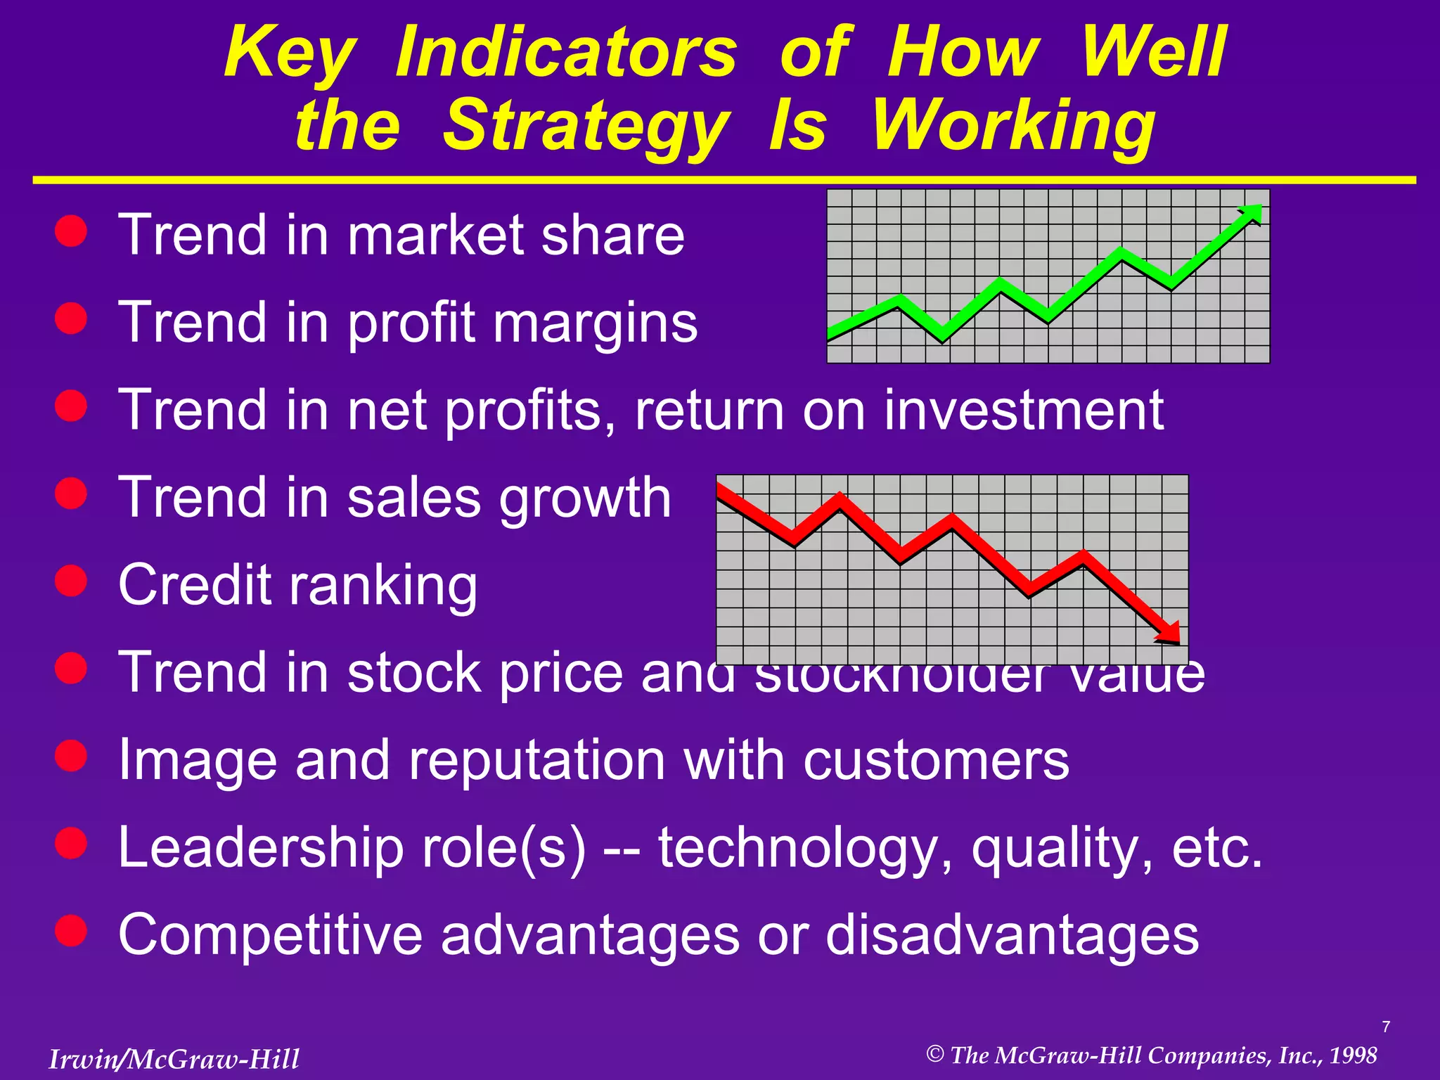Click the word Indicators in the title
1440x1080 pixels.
click(566, 53)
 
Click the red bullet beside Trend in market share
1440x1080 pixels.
click(71, 231)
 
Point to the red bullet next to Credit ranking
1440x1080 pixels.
click(71, 581)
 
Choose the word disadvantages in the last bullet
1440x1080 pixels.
click(1012, 934)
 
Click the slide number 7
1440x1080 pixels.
click(1386, 1027)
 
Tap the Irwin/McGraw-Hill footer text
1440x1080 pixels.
click(174, 1059)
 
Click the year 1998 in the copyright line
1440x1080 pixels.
click(1354, 1055)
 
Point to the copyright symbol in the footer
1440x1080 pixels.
click(934, 1054)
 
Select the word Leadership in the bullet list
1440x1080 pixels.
click(260, 848)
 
